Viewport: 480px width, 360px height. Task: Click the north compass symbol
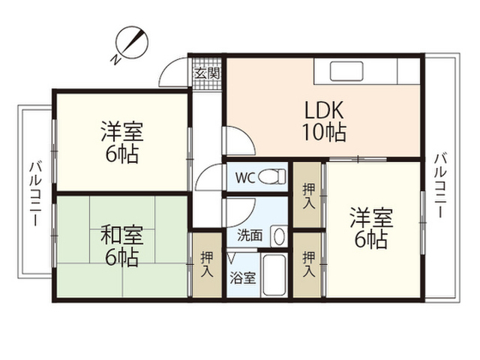point(130,45)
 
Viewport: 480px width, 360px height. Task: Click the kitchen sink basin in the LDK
point(346,71)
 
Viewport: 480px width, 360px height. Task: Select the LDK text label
point(324,110)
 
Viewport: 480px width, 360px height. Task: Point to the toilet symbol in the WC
point(272,177)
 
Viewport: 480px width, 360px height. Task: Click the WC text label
point(245,178)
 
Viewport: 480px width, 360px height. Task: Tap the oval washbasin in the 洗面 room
point(279,236)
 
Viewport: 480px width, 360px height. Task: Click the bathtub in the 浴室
point(274,274)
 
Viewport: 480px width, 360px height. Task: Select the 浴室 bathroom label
point(243,278)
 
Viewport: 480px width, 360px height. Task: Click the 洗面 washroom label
point(250,235)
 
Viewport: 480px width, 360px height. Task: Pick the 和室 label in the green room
point(122,235)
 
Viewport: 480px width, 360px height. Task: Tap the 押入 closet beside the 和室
point(207,265)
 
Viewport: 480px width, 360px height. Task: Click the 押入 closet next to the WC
point(309,196)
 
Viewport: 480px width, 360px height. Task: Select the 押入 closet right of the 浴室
point(309,264)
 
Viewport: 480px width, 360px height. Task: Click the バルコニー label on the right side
point(440,185)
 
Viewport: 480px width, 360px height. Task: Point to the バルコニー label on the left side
point(35,193)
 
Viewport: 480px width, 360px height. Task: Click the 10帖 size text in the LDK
point(324,132)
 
